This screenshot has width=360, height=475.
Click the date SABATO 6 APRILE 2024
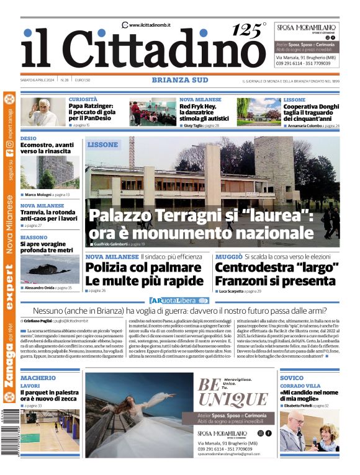click(38, 80)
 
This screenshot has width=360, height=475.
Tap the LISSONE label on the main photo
click(102, 144)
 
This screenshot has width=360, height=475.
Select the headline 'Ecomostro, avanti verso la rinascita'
click(47, 148)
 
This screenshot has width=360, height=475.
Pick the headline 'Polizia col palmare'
click(135, 267)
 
